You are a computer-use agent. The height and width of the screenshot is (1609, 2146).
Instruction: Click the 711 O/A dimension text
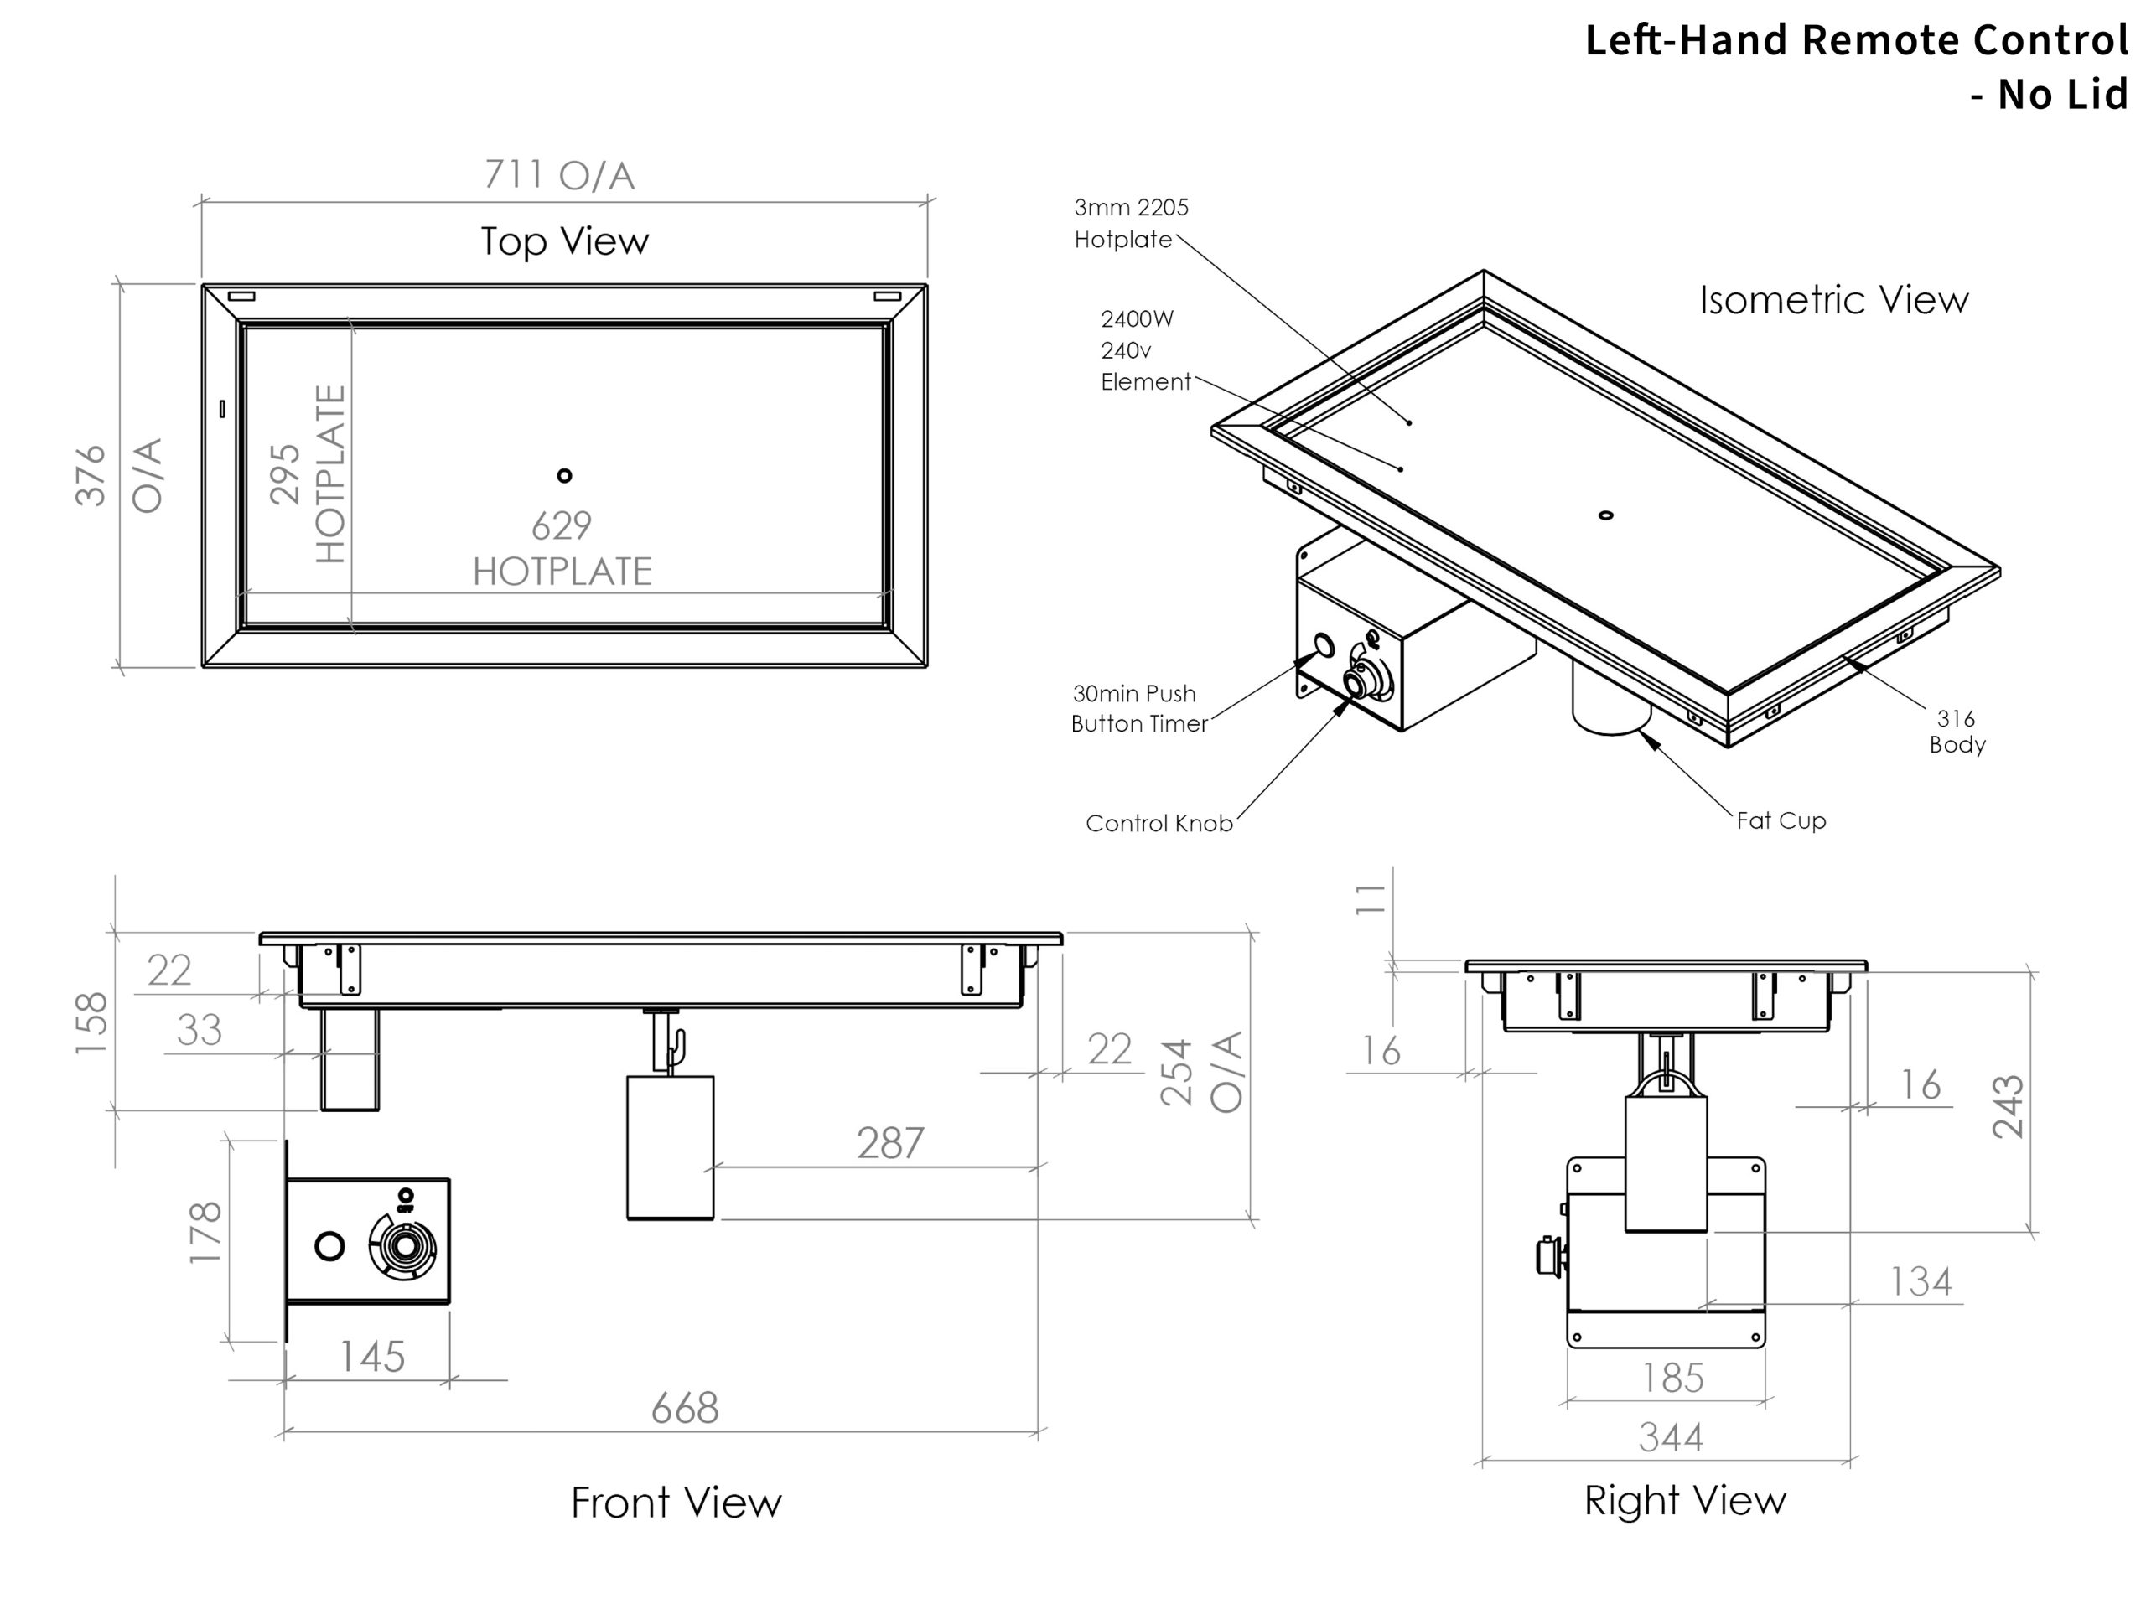click(x=560, y=175)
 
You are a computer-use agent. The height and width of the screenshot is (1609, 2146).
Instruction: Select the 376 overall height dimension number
click(x=91, y=475)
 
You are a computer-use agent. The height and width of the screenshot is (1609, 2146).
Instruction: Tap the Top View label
click(x=565, y=241)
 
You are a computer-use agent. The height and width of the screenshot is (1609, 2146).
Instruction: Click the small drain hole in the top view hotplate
click(x=565, y=475)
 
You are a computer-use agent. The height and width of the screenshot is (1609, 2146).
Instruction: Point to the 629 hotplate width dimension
click(x=562, y=526)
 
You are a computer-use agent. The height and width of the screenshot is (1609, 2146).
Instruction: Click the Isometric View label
click(x=1833, y=300)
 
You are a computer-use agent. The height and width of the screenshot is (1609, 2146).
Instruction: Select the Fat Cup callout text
click(x=1781, y=820)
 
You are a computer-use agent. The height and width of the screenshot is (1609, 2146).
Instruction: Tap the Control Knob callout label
click(x=1159, y=824)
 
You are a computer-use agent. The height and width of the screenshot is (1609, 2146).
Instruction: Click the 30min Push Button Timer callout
click(x=1139, y=709)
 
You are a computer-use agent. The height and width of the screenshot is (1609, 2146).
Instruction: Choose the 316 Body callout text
click(x=1957, y=732)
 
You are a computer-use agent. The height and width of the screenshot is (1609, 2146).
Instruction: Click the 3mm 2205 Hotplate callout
click(x=1129, y=223)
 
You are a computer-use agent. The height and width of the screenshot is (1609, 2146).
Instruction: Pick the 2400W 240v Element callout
click(x=1145, y=350)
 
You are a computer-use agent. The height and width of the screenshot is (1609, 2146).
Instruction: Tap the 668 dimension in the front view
click(x=685, y=1408)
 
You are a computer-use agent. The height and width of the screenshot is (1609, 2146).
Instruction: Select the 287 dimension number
click(x=890, y=1143)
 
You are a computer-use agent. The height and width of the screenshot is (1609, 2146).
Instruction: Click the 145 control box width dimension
click(x=371, y=1357)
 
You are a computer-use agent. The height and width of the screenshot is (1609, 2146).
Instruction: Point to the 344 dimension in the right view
click(x=1671, y=1437)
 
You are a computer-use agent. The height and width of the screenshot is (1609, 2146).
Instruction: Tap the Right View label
click(x=1685, y=1500)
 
